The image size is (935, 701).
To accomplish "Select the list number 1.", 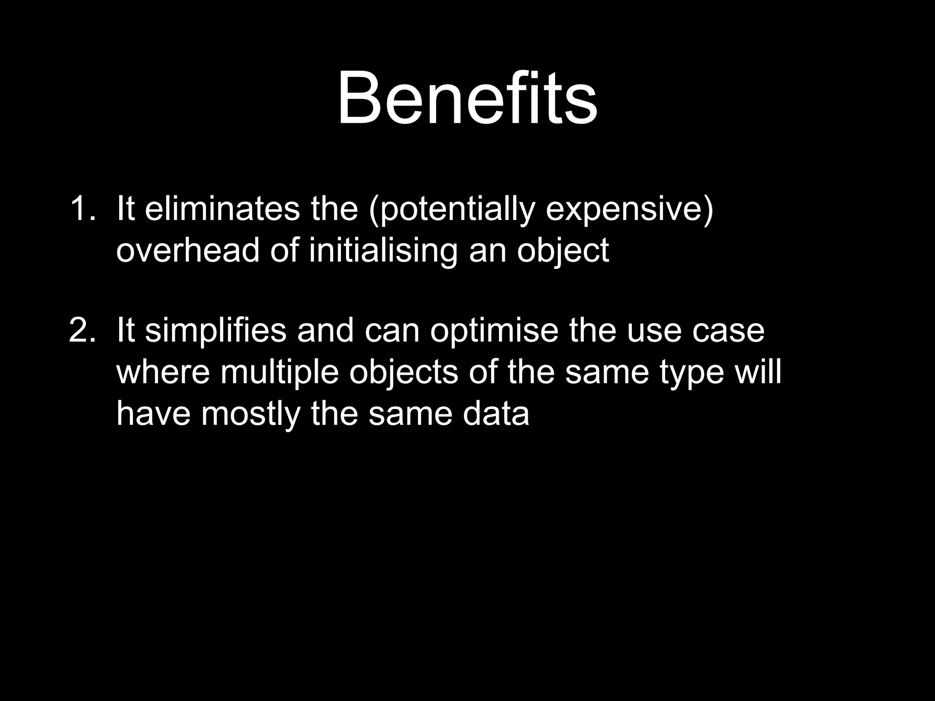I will pos(82,209).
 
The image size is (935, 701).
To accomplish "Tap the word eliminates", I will pos(222,209).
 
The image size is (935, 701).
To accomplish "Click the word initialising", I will pos(383,251).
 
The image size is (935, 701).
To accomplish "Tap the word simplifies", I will pos(215,331).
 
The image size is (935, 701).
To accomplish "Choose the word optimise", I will pos(494,331).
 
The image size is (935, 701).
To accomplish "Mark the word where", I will pos(163,372).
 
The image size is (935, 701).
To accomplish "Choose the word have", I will pos(153,413).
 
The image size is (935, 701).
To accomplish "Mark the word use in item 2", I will pos(654,331).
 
